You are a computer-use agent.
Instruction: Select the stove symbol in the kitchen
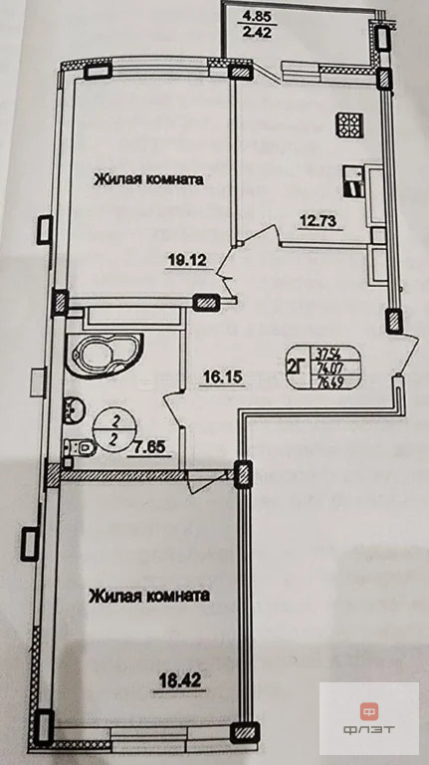pyautogui.click(x=352, y=126)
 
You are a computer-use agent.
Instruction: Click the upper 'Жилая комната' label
pyautogui.click(x=150, y=180)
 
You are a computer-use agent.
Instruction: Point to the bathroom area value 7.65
pyautogui.click(x=148, y=447)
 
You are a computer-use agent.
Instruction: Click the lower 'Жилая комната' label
pyautogui.click(x=149, y=597)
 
